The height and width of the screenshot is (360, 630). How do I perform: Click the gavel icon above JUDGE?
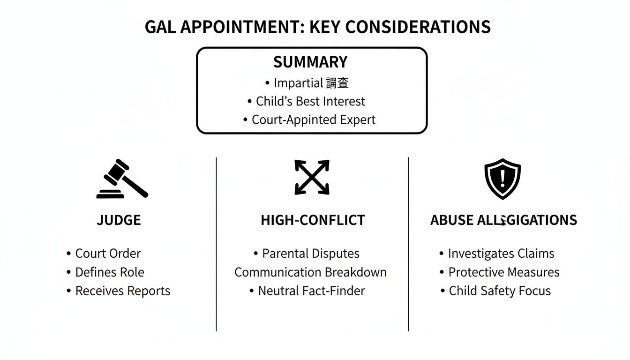[x=122, y=179]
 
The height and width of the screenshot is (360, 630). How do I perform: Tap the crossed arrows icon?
[x=312, y=177]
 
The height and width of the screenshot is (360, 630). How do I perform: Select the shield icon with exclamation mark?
[x=502, y=179]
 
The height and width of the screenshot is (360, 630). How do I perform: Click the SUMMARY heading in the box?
[x=310, y=62]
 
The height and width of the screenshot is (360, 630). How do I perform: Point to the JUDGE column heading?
[x=119, y=220]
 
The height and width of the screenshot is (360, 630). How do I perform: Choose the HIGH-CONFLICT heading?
[x=313, y=220]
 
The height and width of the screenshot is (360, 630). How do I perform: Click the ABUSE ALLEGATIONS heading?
[x=503, y=220]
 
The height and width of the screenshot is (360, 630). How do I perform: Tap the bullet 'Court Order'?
[x=108, y=254]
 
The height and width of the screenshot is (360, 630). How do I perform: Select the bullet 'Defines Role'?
[x=110, y=272]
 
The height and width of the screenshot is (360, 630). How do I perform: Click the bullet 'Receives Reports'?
[x=122, y=291]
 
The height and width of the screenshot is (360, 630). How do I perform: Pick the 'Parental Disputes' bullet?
[x=310, y=254]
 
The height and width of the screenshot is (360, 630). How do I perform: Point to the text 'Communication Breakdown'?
[x=310, y=272]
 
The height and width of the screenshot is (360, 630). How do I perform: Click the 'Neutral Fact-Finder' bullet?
[x=311, y=291]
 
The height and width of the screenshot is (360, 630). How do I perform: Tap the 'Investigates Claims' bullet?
[x=501, y=254]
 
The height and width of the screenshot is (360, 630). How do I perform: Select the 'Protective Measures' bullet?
[x=503, y=272]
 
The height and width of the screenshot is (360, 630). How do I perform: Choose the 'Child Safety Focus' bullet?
[x=500, y=291]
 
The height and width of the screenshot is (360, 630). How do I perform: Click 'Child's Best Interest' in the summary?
[x=310, y=101]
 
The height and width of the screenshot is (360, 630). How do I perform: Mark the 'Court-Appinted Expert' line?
[x=313, y=120]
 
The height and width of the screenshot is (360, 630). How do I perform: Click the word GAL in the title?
[x=160, y=27]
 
